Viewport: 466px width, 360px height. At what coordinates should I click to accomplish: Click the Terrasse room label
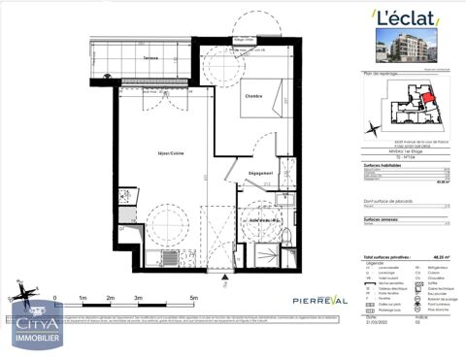[x=151, y=59]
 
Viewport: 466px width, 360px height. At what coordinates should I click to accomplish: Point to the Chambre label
[x=252, y=96]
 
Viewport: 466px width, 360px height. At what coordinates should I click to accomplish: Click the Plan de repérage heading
[x=381, y=74]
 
